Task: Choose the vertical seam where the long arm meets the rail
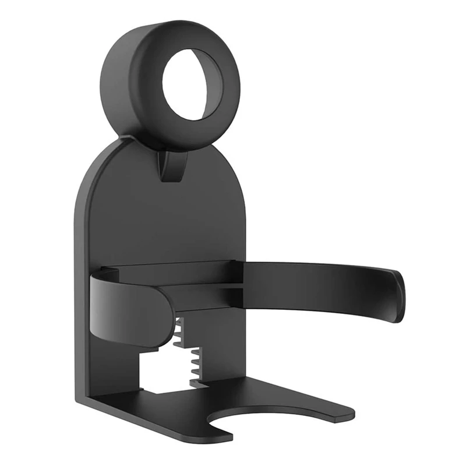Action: (238, 284)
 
